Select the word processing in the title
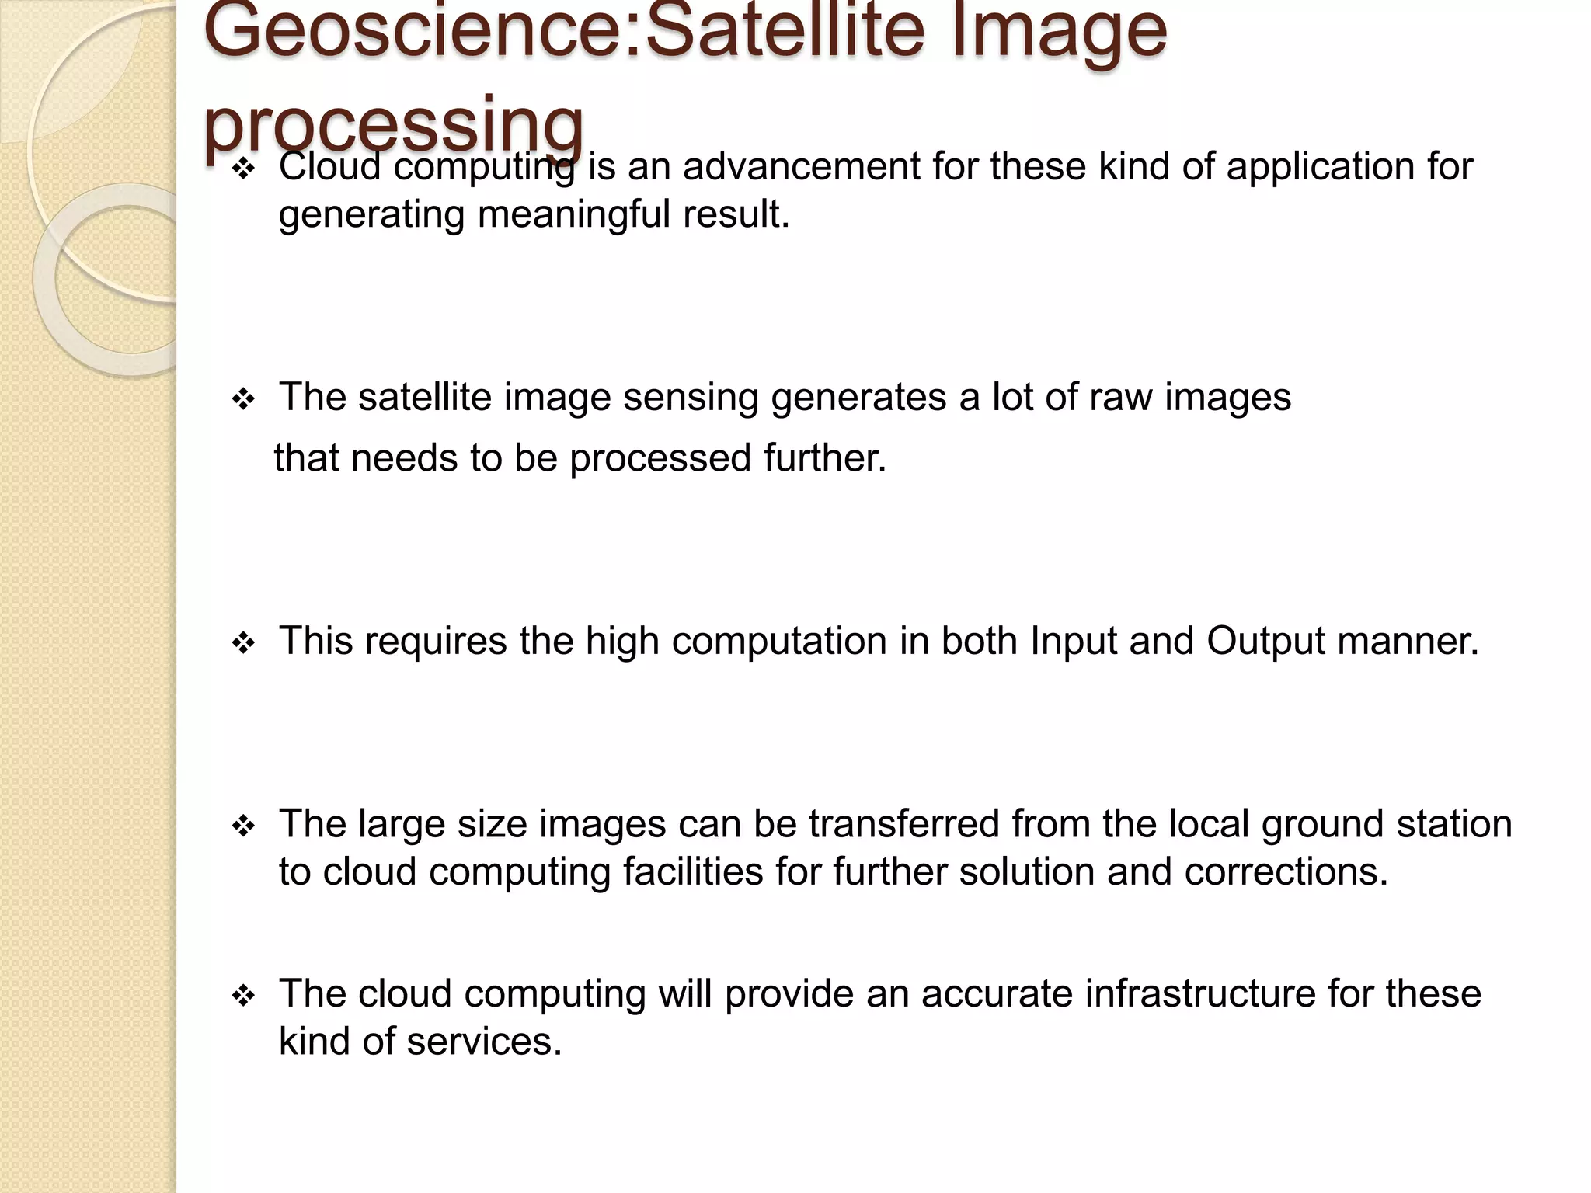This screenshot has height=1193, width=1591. tap(393, 124)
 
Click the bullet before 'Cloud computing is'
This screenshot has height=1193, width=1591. tap(243, 169)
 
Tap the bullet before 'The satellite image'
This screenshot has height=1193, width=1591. tap(243, 400)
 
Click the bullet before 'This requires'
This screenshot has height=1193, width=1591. tap(243, 643)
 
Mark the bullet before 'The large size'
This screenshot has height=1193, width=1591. tap(243, 826)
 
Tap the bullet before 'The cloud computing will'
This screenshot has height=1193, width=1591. tap(243, 996)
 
